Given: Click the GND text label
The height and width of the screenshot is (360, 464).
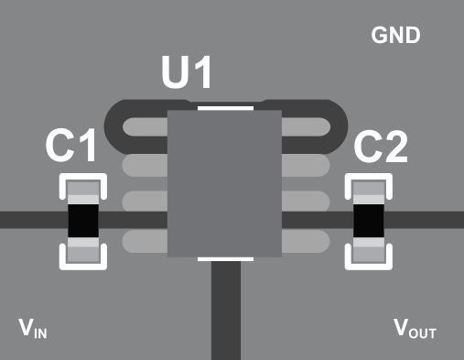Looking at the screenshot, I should (x=395, y=36).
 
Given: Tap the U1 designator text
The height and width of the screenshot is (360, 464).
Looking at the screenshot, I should (x=188, y=73).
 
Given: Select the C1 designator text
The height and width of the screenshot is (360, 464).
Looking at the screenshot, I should (x=71, y=146).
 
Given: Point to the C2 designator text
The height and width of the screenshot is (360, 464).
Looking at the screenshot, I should (x=381, y=146).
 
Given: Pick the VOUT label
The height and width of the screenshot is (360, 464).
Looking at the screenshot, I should (x=415, y=329).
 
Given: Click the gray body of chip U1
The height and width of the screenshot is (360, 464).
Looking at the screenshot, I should (x=224, y=183).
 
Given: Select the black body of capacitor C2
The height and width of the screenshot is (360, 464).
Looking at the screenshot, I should (x=369, y=221).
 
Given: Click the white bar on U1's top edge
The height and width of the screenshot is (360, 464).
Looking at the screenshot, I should (x=224, y=106).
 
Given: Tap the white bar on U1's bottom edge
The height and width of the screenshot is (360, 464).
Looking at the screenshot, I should (x=225, y=259).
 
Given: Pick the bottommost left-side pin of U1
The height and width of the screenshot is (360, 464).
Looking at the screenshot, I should (x=144, y=242).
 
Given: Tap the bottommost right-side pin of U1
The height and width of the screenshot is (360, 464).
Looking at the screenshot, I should (x=305, y=242).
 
